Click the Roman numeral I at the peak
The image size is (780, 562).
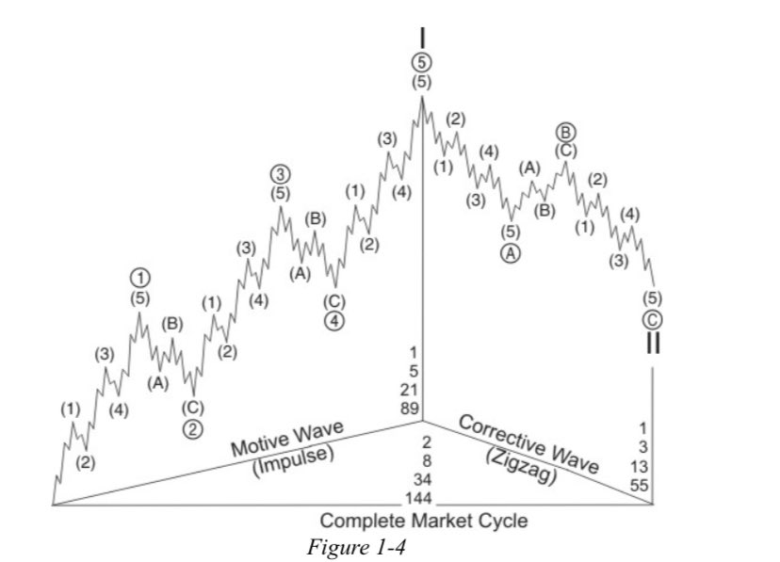pyautogui.click(x=422, y=37)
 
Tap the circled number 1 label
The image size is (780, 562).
pyautogui.click(x=139, y=277)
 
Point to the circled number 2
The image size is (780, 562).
pyautogui.click(x=192, y=429)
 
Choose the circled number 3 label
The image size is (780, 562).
pyautogui.click(x=280, y=175)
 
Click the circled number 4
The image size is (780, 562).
pyautogui.click(x=334, y=320)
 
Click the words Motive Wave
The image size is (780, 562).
pyautogui.click(x=288, y=440)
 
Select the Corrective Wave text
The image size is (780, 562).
pyautogui.click(x=528, y=440)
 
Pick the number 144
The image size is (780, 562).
pyautogui.click(x=420, y=496)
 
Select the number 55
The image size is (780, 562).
pyautogui.click(x=641, y=485)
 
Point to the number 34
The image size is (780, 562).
pyautogui.click(x=420, y=478)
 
